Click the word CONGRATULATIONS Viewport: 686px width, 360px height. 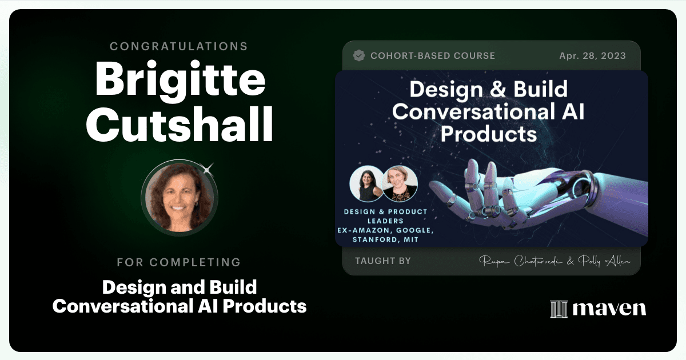pos(179,46)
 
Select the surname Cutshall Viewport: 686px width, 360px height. pos(180,124)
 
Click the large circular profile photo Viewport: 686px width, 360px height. pos(180,198)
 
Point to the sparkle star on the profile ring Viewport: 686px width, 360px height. pos(208,169)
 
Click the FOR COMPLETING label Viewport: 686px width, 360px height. pos(179,262)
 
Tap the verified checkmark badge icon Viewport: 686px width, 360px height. pos(359,55)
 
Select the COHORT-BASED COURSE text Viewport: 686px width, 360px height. pos(433,56)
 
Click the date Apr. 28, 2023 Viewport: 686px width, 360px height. pos(593,56)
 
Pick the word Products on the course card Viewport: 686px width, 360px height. pos(489,134)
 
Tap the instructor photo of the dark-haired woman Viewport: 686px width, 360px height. pos(366,183)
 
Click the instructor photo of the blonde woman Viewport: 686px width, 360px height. pos(400,183)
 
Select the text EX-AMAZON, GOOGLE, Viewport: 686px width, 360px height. pos(385,230)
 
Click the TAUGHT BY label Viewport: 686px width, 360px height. pos(383,261)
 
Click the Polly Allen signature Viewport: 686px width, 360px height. pos(604,261)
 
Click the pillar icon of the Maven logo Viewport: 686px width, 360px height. pos(559,309)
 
